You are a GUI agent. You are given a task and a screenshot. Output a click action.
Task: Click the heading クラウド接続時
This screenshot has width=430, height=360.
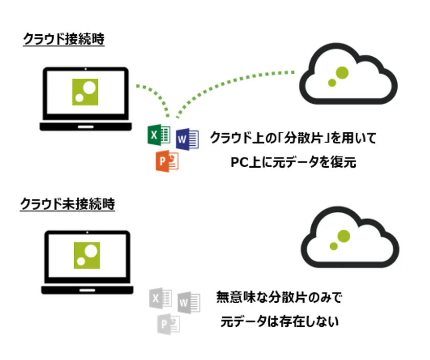(x=64, y=39)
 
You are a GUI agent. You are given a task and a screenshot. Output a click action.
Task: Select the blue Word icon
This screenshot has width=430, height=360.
(x=187, y=139)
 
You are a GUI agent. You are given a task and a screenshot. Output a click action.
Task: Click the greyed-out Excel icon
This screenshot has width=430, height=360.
(x=160, y=297)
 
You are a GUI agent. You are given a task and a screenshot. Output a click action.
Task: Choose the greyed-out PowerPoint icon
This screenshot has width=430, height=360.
(x=168, y=324)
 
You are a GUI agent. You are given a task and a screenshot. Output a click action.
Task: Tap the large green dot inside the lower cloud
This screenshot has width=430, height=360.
(x=343, y=236)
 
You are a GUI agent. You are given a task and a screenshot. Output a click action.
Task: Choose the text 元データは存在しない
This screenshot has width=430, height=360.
(x=280, y=323)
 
